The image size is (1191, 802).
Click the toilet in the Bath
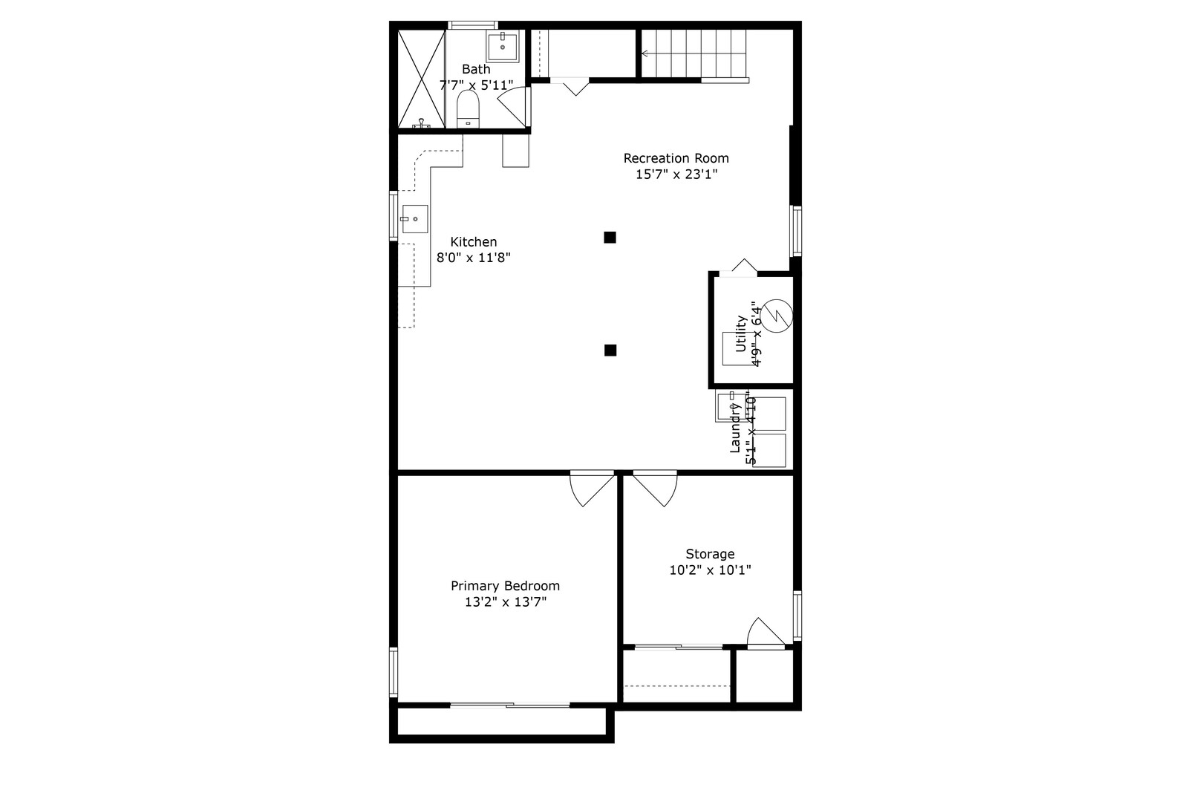pos(468,109)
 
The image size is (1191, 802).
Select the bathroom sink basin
pos(503,47)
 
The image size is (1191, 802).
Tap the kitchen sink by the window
pos(415,218)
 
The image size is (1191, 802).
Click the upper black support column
pos(610,237)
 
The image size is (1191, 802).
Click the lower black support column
pos(610,350)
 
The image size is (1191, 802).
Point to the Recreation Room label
pos(676,158)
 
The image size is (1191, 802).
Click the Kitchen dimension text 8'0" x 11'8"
pos(473,258)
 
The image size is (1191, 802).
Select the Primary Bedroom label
pos(505,586)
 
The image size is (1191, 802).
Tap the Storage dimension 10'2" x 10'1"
pos(710,570)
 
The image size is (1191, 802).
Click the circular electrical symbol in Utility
pos(776,316)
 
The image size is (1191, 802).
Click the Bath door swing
pos(512,107)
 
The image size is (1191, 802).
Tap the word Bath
pos(476,69)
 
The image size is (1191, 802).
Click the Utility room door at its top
pos(739,267)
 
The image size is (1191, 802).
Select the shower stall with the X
pos(421,79)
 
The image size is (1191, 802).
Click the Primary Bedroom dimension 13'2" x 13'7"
pos(505,602)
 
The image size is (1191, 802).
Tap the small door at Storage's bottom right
pos(766,633)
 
